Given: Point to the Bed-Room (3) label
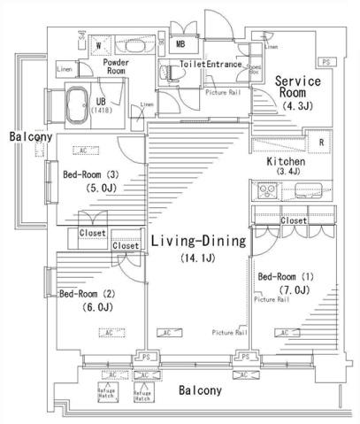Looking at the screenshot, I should [90, 175].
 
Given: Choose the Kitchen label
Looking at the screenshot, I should [287, 163].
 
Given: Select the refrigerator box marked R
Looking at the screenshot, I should [320, 143].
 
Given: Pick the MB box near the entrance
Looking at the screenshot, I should [180, 43].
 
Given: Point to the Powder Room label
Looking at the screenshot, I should [117, 68].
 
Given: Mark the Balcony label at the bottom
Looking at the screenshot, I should [201, 390].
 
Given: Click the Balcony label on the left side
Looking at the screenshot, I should [30, 137].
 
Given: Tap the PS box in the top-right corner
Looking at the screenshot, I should [326, 62].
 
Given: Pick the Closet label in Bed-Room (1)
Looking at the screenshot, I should [294, 220].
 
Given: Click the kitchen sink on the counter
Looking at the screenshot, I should [266, 190].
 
